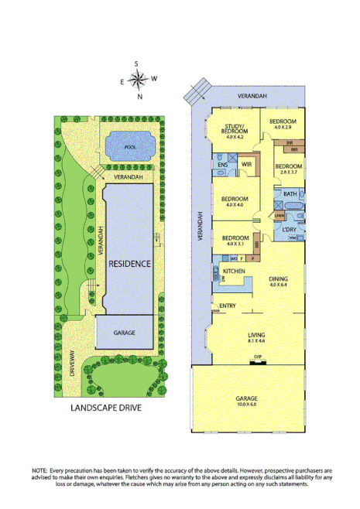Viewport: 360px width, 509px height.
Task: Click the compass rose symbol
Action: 138,78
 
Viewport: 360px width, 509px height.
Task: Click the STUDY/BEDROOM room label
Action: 235,130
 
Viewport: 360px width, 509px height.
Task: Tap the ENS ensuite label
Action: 222,165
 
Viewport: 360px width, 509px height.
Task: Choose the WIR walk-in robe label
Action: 247,165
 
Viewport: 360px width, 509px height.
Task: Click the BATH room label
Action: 290,193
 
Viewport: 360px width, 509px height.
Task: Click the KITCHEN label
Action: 234,272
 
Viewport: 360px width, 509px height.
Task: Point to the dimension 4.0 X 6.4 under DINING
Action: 279,285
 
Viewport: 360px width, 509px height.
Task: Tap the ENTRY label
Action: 228,306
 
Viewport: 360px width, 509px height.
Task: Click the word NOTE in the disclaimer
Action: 39,470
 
